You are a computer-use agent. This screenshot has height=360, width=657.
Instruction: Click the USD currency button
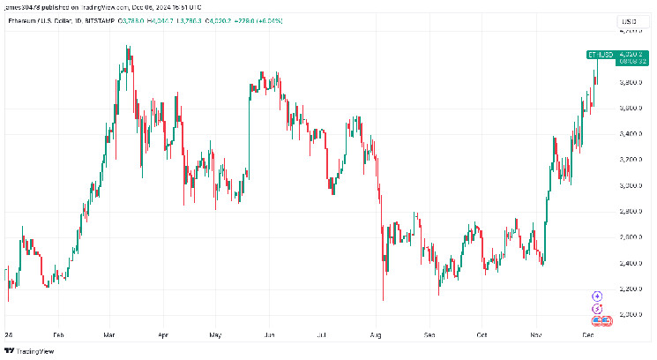(628, 19)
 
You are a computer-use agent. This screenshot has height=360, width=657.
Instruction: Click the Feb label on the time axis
(58, 335)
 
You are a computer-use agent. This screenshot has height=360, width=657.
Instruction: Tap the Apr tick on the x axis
(162, 335)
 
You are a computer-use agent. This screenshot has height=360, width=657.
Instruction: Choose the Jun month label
(269, 335)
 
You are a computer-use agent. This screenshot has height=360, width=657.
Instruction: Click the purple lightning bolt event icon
(597, 309)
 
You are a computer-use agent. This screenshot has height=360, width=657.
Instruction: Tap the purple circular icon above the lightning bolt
(597, 296)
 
